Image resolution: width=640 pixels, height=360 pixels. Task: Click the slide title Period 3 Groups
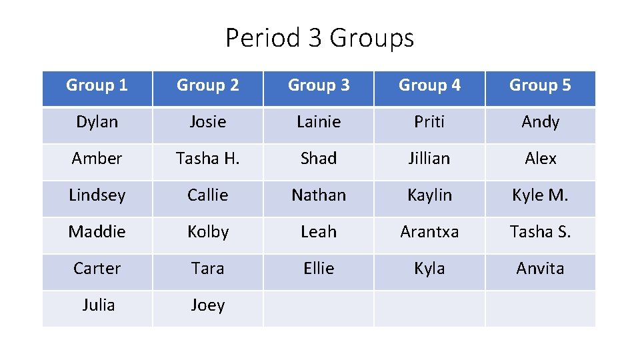[319, 38]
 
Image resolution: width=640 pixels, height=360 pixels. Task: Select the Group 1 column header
[97, 86]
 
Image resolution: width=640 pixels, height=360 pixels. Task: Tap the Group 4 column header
[429, 86]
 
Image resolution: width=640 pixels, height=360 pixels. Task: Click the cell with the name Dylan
[97, 122]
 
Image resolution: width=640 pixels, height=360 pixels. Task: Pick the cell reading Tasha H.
[208, 159]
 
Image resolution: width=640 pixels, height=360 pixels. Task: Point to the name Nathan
[319, 195]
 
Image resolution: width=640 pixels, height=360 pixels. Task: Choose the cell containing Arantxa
[429, 232]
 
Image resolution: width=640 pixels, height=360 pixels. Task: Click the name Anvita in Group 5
[540, 269]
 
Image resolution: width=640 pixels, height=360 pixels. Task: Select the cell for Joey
[208, 305]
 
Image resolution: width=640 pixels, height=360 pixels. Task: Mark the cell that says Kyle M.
[540, 195]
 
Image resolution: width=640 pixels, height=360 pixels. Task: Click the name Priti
[429, 122]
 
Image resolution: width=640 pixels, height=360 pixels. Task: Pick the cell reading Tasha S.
[540, 232]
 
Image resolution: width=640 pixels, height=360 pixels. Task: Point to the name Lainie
[319, 122]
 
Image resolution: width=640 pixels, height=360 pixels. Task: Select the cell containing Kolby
[208, 232]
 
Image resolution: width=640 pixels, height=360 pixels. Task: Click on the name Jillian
[429, 159]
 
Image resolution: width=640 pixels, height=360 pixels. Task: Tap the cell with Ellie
[319, 269]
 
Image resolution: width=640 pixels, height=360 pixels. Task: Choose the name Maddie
[97, 232]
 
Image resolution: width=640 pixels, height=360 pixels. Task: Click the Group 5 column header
[540, 86]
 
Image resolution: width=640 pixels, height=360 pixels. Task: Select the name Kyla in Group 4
[429, 269]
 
